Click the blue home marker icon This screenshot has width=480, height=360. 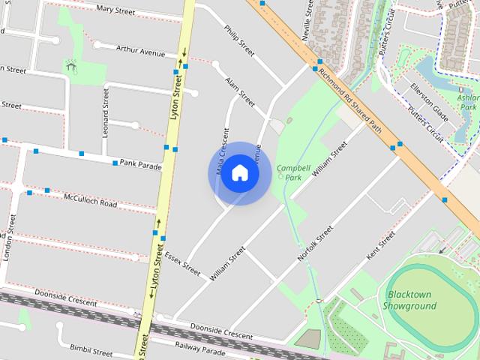[x=239, y=173]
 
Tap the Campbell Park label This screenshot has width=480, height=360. [x=289, y=172]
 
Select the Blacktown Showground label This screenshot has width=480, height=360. [x=409, y=301]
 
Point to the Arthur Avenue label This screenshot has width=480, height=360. [x=140, y=50]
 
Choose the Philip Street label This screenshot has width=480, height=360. [x=240, y=40]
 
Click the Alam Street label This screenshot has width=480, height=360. [x=240, y=90]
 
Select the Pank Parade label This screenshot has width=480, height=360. [x=140, y=164]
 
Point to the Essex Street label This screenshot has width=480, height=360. [x=182, y=262]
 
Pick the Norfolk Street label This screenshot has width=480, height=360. [x=314, y=244]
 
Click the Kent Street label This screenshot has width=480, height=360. [x=380, y=247]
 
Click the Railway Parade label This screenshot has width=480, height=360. [x=199, y=350]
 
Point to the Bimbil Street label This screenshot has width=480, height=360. [x=91, y=350]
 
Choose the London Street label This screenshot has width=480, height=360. [x=9, y=241]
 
